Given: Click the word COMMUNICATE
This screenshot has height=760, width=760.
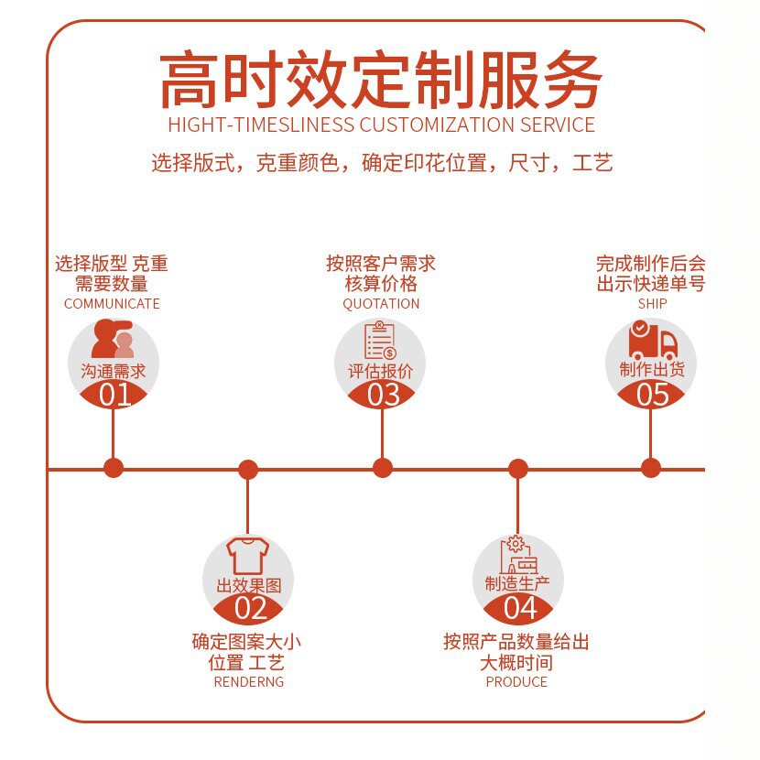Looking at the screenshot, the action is (x=112, y=304).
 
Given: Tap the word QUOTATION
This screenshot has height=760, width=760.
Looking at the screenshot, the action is (x=381, y=304).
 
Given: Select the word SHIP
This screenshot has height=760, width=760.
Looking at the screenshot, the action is (x=652, y=304).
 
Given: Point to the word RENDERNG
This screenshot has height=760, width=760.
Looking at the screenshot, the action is (x=249, y=682).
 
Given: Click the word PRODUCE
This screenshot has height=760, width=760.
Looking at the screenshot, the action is (x=516, y=682).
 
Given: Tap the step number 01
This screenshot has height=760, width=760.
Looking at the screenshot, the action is (x=114, y=395).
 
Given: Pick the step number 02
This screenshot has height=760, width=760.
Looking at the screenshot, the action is (x=251, y=608).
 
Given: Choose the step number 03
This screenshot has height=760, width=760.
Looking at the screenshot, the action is (x=383, y=395).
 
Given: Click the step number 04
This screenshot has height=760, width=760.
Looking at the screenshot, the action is (x=520, y=608).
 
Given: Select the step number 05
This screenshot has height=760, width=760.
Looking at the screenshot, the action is (x=652, y=395).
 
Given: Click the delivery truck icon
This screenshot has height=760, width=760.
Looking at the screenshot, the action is (x=652, y=341).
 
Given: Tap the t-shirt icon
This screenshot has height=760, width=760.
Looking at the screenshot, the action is (x=247, y=556).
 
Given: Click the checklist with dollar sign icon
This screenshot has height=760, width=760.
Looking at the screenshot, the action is (x=381, y=340).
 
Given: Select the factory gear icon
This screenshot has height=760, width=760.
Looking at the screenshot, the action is (x=518, y=555).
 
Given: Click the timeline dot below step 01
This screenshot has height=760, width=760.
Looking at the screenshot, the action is (x=114, y=468).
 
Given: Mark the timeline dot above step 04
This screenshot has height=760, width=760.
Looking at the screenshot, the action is (x=518, y=469).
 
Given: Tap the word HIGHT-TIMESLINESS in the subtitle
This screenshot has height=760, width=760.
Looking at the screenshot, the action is (x=261, y=125).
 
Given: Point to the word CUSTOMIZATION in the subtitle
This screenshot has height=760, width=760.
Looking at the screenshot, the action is (x=437, y=125).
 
